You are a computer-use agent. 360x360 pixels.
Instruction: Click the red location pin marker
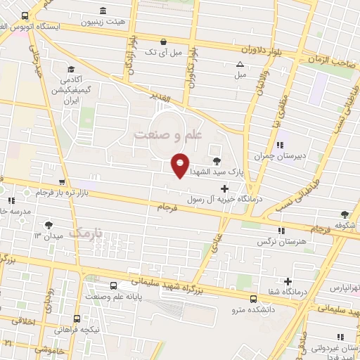[x=181, y=165]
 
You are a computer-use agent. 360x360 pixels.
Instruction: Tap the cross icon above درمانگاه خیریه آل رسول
[x=224, y=188]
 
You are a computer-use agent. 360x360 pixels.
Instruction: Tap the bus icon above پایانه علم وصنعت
[x=115, y=285]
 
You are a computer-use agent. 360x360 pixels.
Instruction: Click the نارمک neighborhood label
[x=89, y=232]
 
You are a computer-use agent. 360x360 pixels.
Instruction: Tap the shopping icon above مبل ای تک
[x=163, y=41]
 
